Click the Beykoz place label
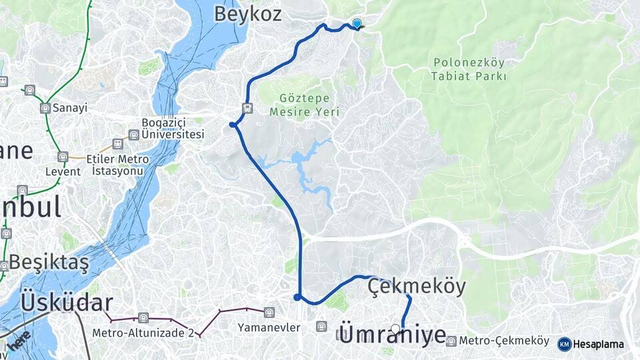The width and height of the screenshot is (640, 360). (x=247, y=14)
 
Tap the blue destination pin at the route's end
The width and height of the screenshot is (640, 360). (x=357, y=24)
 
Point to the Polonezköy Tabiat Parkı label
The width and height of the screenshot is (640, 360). (x=469, y=69)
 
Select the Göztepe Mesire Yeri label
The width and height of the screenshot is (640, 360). (x=299, y=105)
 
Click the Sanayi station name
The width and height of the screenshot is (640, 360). (x=71, y=107)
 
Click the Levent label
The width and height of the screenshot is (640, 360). (x=63, y=171)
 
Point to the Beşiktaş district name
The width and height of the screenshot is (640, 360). (x=49, y=263)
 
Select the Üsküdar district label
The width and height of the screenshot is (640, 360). (x=67, y=302)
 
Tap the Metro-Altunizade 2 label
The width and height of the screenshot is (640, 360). (x=143, y=333)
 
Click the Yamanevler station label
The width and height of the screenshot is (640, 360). (x=269, y=327)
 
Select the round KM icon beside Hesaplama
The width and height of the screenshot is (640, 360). (x=564, y=344)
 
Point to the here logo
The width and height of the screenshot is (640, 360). (x=21, y=343)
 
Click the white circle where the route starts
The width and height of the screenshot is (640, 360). (x=396, y=329)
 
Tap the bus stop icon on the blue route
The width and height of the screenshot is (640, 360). (x=247, y=108)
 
